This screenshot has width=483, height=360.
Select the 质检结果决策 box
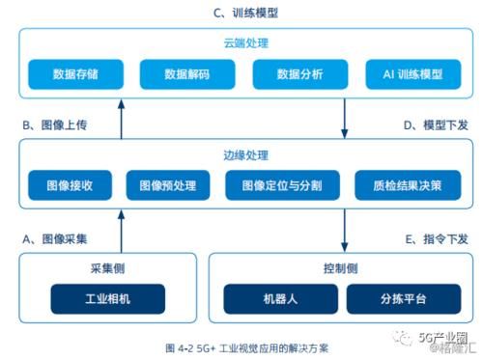[x=399, y=184]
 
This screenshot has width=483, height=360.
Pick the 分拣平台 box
[x=398, y=297]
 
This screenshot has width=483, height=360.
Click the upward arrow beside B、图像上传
[x=122, y=122]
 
